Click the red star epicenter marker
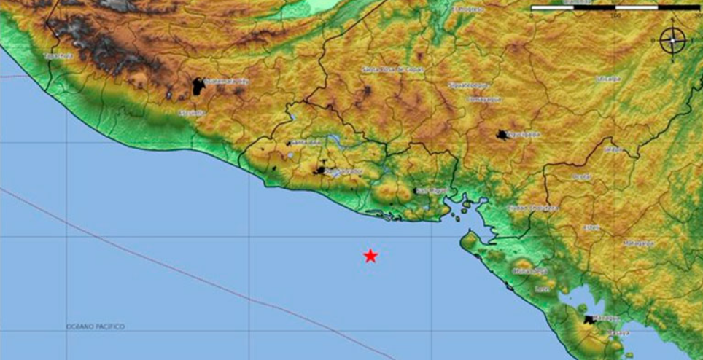coord(370,256)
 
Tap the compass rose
coord(672,40)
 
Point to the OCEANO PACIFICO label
coord(95,326)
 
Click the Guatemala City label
coord(227,82)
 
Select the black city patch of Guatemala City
coord(198,87)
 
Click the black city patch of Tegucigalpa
coord(502,135)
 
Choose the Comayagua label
coord(485,99)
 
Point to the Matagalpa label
coord(639,243)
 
